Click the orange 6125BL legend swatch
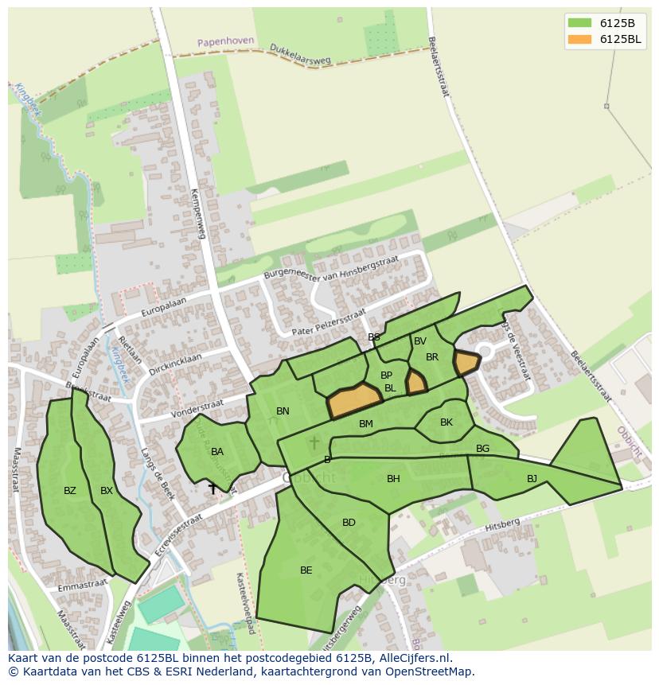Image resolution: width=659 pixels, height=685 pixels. (x=579, y=39)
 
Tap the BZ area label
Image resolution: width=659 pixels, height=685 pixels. (x=70, y=491)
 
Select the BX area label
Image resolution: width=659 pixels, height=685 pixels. (x=107, y=491)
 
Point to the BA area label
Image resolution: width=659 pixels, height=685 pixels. (x=217, y=452)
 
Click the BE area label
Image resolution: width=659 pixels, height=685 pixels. (x=306, y=570)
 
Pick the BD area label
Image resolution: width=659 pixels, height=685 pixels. (x=349, y=523)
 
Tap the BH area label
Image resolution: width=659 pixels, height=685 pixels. (x=393, y=479)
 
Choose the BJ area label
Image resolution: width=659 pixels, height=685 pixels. (x=532, y=479)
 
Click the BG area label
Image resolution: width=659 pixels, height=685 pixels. (x=482, y=449)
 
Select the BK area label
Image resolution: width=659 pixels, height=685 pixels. (x=446, y=422)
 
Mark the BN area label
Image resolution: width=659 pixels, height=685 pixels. (x=283, y=411)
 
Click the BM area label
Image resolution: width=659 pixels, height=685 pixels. (x=366, y=424)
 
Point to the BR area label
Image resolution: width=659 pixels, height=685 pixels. (x=432, y=357)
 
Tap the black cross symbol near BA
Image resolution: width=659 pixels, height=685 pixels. (x=213, y=488)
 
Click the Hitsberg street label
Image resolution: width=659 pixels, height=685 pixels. (x=503, y=523)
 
